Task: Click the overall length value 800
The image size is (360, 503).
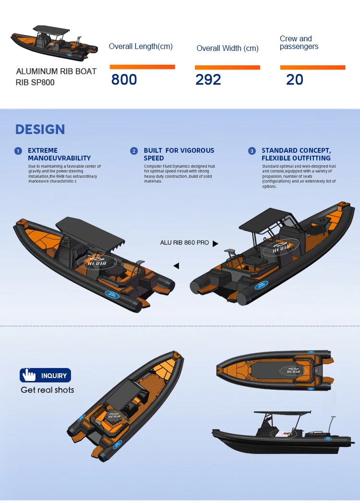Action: (124, 79)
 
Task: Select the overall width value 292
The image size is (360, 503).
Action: (208, 79)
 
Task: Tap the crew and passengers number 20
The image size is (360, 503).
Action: (295, 79)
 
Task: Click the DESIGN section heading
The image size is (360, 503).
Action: (40, 129)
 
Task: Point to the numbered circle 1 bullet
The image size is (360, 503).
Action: (18, 151)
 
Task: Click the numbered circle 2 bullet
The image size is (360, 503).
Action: (134, 151)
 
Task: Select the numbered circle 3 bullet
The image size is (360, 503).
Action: (252, 151)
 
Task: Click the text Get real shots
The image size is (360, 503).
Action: (48, 390)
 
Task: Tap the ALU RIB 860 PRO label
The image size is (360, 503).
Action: (184, 243)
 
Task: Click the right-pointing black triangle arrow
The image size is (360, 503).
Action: (215, 244)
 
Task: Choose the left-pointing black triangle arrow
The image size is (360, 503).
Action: (176, 266)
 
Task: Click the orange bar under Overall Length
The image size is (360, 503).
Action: (142, 67)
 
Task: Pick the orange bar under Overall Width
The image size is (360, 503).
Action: (227, 67)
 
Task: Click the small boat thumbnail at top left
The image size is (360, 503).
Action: (54, 44)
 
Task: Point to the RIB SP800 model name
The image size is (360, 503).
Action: (36, 82)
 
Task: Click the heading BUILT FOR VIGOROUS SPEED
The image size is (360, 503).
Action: (179, 154)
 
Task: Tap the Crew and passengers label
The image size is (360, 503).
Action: (299, 42)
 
